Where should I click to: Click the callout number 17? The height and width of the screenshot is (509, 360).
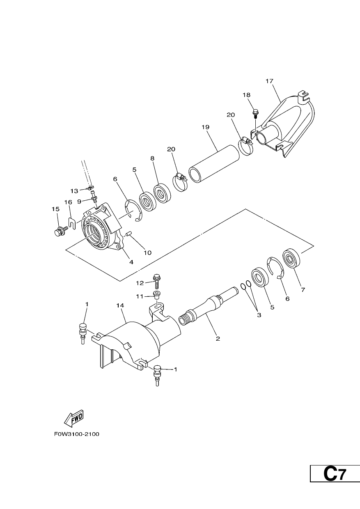(x=269, y=81)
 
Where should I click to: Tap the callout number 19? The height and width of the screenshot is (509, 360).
(x=205, y=127)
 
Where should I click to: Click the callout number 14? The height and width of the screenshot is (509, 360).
(x=120, y=306)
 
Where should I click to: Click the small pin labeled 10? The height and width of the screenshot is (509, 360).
(x=129, y=234)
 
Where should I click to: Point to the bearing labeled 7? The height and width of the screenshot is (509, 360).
(x=291, y=259)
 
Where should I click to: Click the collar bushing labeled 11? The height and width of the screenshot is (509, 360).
(x=156, y=294)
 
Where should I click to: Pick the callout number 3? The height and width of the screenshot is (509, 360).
(x=259, y=315)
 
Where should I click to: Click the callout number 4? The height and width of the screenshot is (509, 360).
(x=131, y=262)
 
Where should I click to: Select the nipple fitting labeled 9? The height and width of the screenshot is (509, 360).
(x=94, y=196)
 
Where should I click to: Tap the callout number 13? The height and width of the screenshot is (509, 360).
(x=74, y=191)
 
